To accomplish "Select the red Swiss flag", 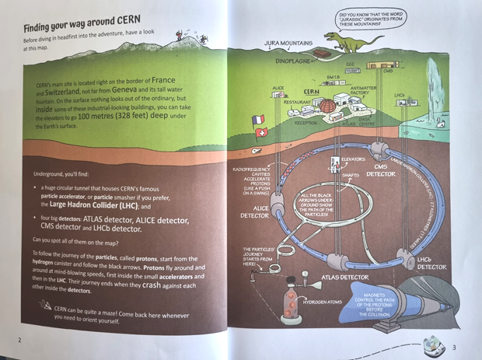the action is pyautogui.click(x=262, y=133).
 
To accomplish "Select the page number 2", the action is pyautogui.click(x=19, y=340).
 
